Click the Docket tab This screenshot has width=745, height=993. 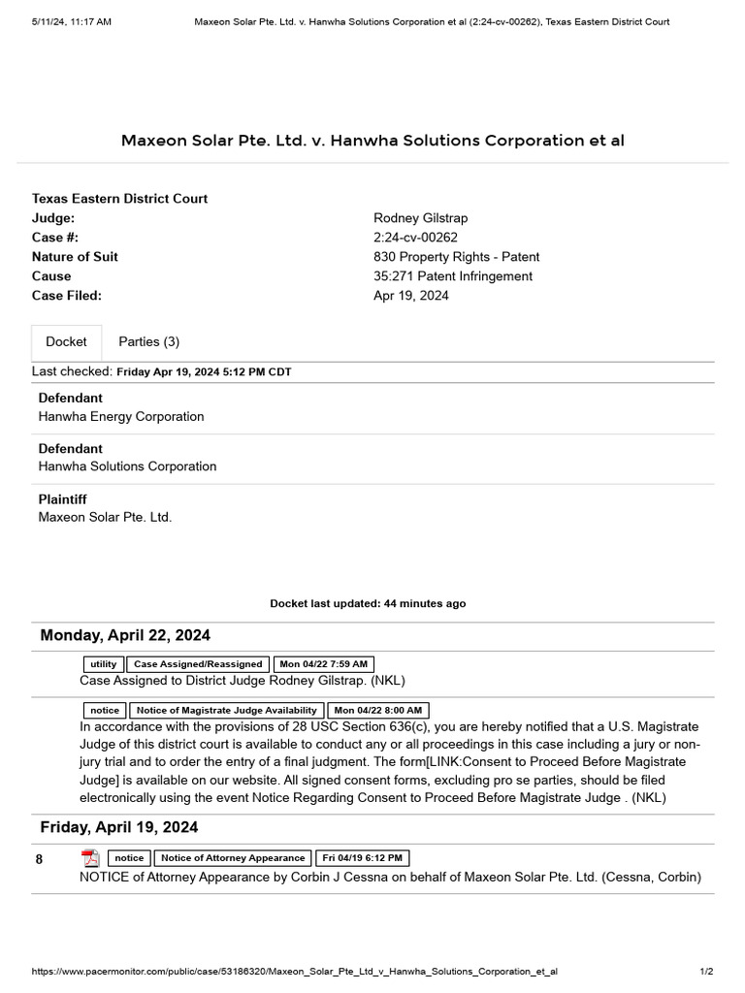click(66, 341)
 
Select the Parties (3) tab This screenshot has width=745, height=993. click(148, 341)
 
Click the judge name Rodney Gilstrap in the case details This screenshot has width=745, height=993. click(420, 218)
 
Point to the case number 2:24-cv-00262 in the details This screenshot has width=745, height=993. click(415, 238)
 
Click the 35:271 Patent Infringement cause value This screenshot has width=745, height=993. click(452, 276)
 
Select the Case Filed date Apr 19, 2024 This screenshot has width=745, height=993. click(411, 296)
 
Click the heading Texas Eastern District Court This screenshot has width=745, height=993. click(119, 199)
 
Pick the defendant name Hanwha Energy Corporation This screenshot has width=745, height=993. click(120, 416)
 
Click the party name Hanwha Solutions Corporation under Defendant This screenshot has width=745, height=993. click(127, 466)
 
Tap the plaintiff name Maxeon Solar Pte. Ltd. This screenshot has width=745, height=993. click(105, 517)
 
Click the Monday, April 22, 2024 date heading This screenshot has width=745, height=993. click(125, 635)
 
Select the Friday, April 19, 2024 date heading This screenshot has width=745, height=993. click(119, 827)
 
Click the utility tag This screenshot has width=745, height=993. click(103, 664)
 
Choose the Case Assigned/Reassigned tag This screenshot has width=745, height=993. click(198, 664)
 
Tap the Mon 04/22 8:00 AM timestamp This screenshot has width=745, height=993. click(378, 711)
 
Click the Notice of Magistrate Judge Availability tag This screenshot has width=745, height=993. click(224, 711)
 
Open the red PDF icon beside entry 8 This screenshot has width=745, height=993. click(90, 858)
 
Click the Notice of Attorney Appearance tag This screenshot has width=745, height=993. click(233, 858)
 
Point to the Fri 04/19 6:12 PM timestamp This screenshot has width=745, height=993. click(363, 858)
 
